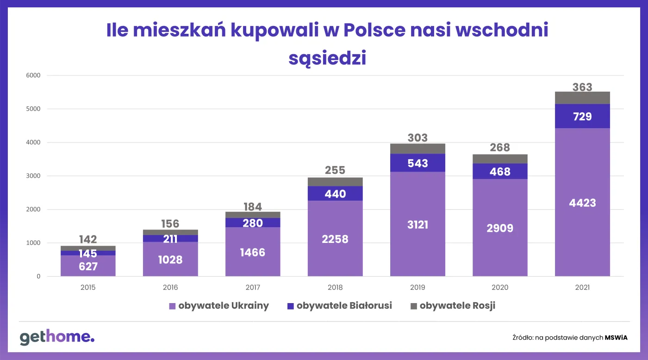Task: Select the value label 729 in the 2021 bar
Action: tap(582, 117)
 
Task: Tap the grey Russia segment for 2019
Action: tap(417, 149)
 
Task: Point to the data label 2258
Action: tap(335, 239)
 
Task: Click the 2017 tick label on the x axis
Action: tap(253, 287)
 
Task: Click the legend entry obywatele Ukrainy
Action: tap(218, 306)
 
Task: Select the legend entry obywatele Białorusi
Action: tap(339, 306)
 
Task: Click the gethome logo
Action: tap(57, 337)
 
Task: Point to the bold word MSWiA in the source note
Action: tap(616, 337)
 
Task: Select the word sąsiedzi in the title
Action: tap(327, 58)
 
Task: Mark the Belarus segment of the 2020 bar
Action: tap(500, 171)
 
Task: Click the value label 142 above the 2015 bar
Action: tap(88, 239)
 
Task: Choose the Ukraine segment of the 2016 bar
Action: tap(170, 259)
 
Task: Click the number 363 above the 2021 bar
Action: tap(582, 87)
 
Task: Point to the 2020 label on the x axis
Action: tap(500, 287)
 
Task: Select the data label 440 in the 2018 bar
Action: tap(335, 193)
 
